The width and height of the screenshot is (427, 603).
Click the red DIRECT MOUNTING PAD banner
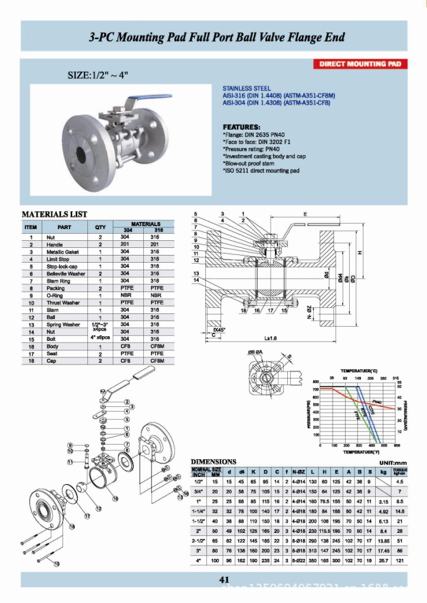(360, 64)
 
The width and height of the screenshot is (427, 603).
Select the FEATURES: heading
(241, 127)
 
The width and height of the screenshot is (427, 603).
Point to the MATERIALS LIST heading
(54, 214)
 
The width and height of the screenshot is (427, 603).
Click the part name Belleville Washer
(66, 274)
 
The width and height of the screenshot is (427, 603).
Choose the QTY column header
(100, 227)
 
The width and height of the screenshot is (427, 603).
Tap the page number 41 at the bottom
(224, 580)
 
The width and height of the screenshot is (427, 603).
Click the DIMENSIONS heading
(213, 462)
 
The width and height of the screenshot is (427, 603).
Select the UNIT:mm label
(389, 462)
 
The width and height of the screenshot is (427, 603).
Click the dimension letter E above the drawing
(304, 215)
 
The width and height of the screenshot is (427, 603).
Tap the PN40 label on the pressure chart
(377, 402)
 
